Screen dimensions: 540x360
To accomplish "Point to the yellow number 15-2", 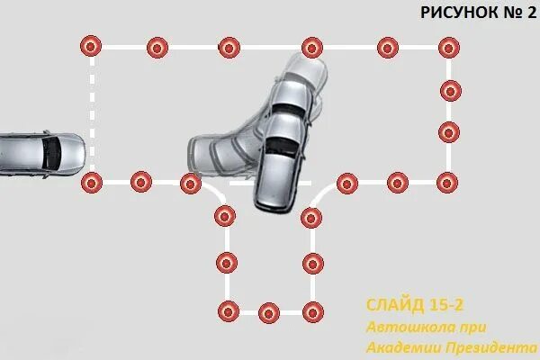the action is (449, 304).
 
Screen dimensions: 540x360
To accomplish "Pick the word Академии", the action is (399, 346).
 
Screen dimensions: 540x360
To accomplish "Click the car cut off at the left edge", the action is (40, 152).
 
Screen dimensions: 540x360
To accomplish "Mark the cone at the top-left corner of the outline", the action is (90, 46).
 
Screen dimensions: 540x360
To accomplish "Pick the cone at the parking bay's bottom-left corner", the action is (228, 311).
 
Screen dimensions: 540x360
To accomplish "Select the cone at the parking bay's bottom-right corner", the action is (312, 311).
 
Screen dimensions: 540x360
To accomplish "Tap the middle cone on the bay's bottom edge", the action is (268, 312).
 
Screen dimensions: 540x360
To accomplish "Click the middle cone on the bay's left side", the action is (225, 263).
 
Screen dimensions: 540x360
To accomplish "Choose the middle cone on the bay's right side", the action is (312, 263).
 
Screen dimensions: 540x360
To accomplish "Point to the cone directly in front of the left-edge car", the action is (91, 184).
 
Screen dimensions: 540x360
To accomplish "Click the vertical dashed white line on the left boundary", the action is (91, 112).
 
